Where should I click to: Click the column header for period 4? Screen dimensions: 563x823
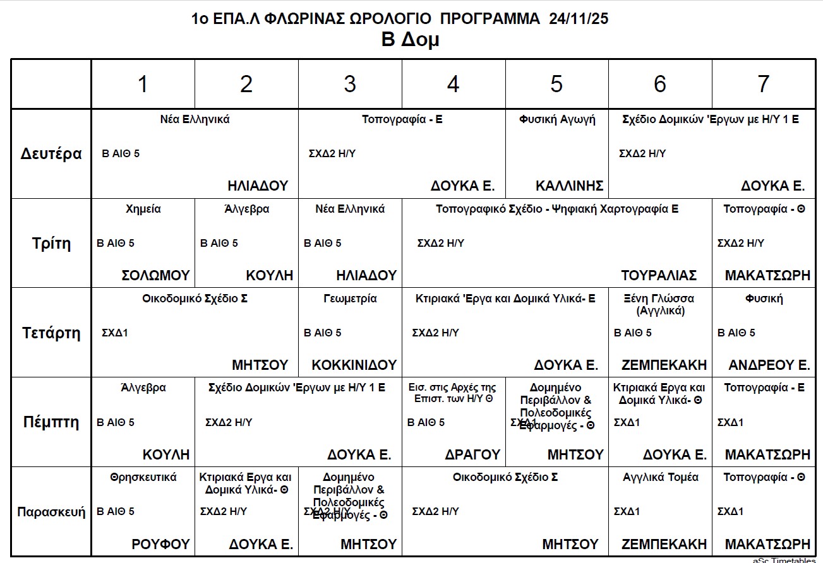(x=453, y=84)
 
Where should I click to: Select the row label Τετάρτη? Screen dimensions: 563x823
(x=51, y=333)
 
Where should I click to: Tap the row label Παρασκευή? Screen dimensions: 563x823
(x=51, y=511)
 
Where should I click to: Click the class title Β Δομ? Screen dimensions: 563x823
(x=410, y=40)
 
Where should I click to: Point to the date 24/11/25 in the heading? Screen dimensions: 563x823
(x=579, y=19)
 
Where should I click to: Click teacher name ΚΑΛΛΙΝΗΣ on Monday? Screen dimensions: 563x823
(x=569, y=186)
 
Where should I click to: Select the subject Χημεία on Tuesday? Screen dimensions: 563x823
(x=143, y=209)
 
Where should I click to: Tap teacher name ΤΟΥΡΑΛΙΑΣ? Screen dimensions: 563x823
(x=659, y=275)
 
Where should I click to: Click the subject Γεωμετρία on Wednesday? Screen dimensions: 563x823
(x=349, y=299)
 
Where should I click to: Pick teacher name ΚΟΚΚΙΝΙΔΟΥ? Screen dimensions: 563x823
(x=354, y=365)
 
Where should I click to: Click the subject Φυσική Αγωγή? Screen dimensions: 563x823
(x=557, y=119)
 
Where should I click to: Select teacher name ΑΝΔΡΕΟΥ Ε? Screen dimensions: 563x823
(x=769, y=365)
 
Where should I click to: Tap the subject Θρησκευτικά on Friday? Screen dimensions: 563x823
(x=143, y=477)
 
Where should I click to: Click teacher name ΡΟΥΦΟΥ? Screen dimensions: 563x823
(x=160, y=544)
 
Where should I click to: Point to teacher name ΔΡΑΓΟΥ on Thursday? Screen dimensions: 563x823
(x=472, y=454)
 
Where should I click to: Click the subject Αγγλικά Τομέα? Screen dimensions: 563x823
(x=660, y=477)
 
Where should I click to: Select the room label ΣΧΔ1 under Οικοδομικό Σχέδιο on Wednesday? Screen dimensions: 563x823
(x=115, y=333)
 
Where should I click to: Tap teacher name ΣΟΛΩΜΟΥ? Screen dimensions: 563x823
(x=155, y=275)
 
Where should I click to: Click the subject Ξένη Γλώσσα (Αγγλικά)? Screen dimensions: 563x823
(x=660, y=304)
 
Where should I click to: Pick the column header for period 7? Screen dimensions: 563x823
(x=763, y=84)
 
